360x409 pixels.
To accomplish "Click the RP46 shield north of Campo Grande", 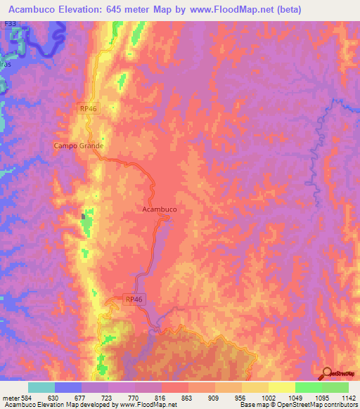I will [x=87, y=107].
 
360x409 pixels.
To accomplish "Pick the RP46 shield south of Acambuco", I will [x=134, y=299].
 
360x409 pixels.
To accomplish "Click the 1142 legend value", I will [x=348, y=397].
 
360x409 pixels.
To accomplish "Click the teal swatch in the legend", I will [x=41, y=387].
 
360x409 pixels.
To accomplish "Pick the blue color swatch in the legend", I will [x=68, y=387].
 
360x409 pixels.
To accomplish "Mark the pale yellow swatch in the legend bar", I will [x=281, y=387].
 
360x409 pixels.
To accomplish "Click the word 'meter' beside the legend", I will [x=9, y=397].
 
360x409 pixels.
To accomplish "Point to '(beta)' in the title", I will [x=287, y=9].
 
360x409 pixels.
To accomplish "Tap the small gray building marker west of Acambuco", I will [x=85, y=216].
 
